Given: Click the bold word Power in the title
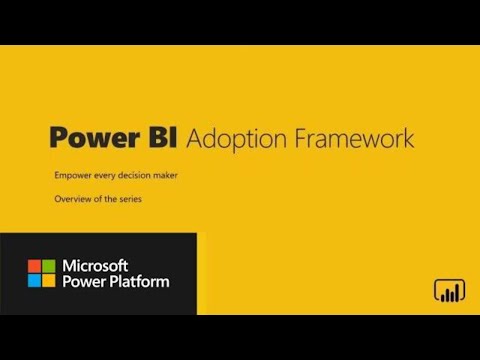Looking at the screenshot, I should (x=92, y=137).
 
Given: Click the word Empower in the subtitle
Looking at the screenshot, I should (x=73, y=176).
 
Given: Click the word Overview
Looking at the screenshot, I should (x=73, y=200).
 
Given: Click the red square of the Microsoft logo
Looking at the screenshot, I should (x=34, y=266).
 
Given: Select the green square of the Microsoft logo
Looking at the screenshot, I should (x=48, y=266).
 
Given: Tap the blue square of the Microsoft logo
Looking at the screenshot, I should (x=34, y=280).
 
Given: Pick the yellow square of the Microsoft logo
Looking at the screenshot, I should (x=48, y=280).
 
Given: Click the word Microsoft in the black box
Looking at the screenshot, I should (x=95, y=265).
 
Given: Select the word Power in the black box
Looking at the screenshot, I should (x=82, y=281).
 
